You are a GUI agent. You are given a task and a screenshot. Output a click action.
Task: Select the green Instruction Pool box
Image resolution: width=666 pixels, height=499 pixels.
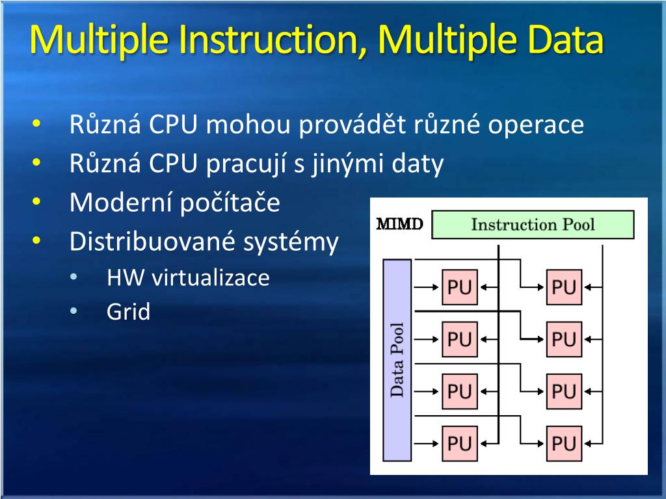pos(532,225)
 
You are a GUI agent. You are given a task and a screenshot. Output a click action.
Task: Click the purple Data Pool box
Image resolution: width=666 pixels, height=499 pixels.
pos(397,359)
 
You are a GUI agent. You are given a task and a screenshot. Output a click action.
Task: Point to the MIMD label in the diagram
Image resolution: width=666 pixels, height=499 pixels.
pos(400,225)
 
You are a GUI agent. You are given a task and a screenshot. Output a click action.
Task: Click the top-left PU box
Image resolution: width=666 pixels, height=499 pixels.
pos(459,287)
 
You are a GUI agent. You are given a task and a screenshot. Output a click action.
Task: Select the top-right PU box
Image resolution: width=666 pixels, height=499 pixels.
pos(563,287)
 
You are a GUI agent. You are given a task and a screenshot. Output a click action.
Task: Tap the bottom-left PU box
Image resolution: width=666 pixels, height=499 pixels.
pos(459,444)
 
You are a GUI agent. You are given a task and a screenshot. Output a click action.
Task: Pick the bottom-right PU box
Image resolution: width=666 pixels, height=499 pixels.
pos(563,444)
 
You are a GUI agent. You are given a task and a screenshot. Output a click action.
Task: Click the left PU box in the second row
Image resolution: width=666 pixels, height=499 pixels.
pos(459,339)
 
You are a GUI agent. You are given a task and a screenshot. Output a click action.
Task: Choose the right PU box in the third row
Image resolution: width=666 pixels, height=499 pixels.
pos(563,391)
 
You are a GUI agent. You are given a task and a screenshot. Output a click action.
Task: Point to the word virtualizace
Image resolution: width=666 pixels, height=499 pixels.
pos(210,278)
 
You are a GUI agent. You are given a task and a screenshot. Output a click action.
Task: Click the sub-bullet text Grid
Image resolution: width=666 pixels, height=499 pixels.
pos(128,312)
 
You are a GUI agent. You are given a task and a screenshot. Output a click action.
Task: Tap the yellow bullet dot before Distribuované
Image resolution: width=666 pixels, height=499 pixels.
pos(36,242)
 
